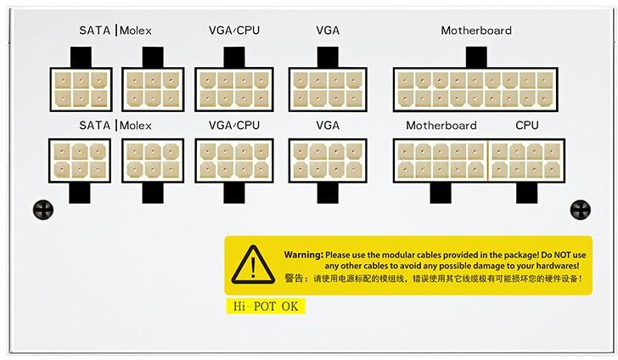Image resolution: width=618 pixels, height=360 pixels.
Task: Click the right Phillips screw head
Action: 581,210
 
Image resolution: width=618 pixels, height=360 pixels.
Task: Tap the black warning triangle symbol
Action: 253,263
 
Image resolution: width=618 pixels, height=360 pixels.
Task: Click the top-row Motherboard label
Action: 476,31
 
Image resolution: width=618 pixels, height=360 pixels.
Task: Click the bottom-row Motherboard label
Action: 441,126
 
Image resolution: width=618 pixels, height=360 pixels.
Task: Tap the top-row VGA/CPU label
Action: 234,31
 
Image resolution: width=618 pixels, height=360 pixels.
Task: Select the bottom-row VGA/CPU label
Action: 234,126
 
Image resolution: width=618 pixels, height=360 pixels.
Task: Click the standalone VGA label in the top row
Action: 328,31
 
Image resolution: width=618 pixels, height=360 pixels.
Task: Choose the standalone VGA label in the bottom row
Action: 328,126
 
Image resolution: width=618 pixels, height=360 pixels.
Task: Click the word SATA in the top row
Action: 95,31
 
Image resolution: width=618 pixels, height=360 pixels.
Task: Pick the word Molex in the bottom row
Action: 136,126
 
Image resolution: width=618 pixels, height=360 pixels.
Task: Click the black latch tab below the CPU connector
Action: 526,193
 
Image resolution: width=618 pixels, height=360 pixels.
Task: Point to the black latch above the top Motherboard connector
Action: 476,58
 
